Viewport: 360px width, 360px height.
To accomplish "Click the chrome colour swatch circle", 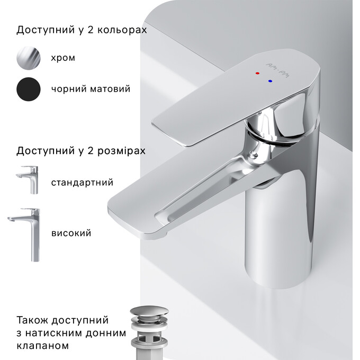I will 28,58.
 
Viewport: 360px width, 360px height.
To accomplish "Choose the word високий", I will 71,233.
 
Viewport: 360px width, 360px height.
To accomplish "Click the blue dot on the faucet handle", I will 271,82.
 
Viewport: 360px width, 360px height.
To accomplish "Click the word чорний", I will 66,89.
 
